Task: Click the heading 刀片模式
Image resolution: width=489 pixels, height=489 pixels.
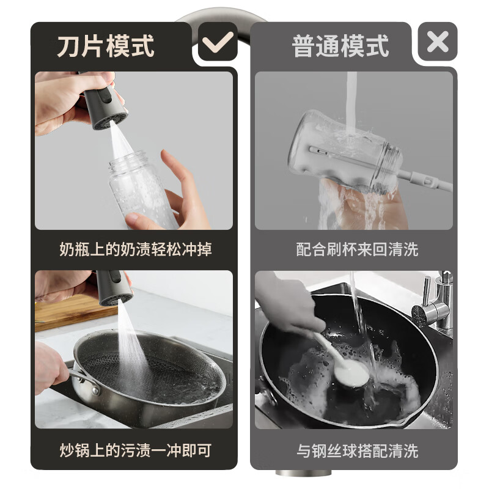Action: [106, 46]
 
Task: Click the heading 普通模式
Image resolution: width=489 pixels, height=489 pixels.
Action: [340, 46]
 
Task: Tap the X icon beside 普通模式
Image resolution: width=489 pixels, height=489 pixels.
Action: [438, 42]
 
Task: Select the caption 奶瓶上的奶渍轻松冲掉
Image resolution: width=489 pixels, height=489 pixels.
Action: [136, 249]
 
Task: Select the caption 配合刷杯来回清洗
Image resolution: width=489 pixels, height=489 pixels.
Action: [357, 249]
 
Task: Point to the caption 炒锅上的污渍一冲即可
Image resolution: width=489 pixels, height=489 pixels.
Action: [136, 451]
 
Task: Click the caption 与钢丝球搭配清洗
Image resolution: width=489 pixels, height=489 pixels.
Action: [357, 451]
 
